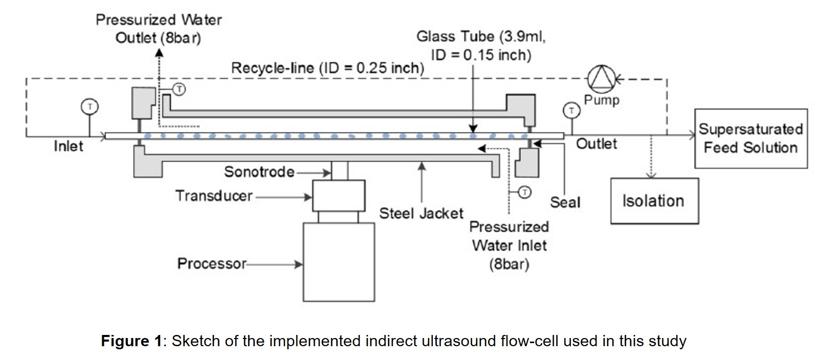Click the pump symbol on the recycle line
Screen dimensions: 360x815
pos(602,79)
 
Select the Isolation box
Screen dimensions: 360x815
pos(654,201)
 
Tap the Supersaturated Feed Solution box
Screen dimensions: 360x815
pos(751,139)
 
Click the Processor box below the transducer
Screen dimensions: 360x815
pos(339,262)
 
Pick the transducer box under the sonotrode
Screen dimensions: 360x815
pos(339,195)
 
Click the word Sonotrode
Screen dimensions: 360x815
pos(259,172)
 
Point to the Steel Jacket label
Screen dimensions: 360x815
pos(421,213)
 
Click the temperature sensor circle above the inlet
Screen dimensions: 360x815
pos(90,106)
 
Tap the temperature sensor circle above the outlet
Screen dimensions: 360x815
pos(571,109)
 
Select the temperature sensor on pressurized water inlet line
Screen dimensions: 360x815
pos(525,192)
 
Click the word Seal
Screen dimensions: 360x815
pos(565,202)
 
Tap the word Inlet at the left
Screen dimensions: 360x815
pos(69,147)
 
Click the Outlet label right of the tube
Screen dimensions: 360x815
pos(597,144)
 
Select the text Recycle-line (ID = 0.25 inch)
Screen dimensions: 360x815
pos(327,68)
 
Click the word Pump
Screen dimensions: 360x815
pos(602,100)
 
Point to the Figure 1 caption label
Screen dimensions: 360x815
pos(131,341)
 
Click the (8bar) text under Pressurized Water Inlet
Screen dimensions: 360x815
pos(509,264)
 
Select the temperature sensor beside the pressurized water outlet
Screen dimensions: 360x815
pos(179,89)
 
